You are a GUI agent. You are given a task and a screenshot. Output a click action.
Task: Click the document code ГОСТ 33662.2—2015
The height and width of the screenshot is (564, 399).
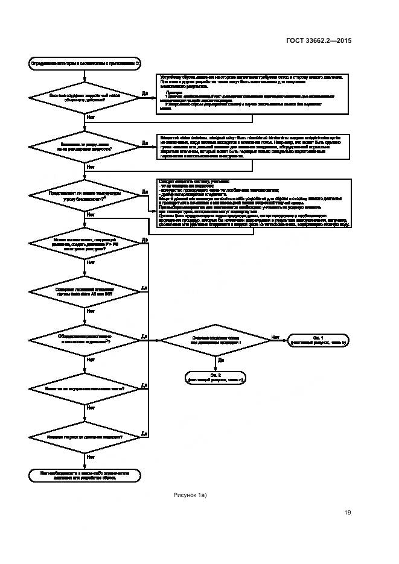pyautogui.click(x=318, y=41)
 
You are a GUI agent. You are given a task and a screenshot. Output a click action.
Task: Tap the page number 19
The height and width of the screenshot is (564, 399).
pyautogui.click(x=348, y=513)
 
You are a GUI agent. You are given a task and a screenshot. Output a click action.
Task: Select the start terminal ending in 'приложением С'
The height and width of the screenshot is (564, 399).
pyautogui.click(x=85, y=62)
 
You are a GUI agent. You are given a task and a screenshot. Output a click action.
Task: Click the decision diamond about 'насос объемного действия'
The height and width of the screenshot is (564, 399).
pyautogui.click(x=85, y=98)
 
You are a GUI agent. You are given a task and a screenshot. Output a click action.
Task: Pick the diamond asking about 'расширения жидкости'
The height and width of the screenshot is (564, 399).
pyautogui.click(x=85, y=147)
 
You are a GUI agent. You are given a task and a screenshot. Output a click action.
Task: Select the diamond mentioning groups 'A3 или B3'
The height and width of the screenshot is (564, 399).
pyautogui.click(x=85, y=292)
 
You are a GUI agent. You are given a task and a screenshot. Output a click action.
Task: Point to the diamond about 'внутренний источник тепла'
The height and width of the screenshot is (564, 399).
pyautogui.click(x=85, y=389)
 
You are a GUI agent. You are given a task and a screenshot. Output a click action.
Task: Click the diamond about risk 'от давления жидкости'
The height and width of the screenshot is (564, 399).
pyautogui.click(x=85, y=437)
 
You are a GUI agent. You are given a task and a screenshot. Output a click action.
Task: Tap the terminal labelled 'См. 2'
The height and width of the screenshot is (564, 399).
pyautogui.click(x=215, y=378)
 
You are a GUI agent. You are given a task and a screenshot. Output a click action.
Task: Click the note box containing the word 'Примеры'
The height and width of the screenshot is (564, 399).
pyautogui.click(x=254, y=94)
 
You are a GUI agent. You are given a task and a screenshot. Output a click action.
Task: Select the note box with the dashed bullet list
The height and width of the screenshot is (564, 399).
pyautogui.click(x=254, y=203)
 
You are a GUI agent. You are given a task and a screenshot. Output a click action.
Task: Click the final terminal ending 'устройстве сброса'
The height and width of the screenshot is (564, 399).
pyautogui.click(x=85, y=475)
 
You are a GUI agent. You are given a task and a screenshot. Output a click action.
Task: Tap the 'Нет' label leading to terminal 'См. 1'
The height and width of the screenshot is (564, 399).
pyautogui.click(x=275, y=337)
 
